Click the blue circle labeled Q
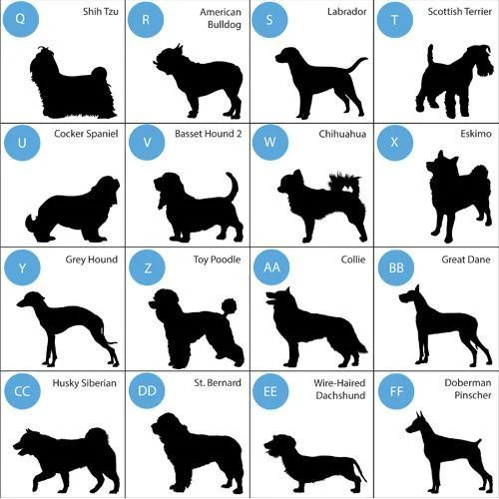[21, 19]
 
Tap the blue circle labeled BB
[396, 267]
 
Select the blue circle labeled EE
[270, 391]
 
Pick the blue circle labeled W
[270, 142]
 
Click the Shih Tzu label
[101, 12]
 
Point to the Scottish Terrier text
[459, 12]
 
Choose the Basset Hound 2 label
[208, 134]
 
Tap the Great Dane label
[466, 259]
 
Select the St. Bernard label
[218, 382]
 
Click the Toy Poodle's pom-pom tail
[229, 307]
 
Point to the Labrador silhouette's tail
[357, 64]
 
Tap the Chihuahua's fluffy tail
[344, 182]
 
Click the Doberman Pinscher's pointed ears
[421, 417]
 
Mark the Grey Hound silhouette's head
[31, 299]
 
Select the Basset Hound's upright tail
[233, 186]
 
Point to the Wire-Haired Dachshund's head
[279, 446]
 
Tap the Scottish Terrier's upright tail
[431, 54]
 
